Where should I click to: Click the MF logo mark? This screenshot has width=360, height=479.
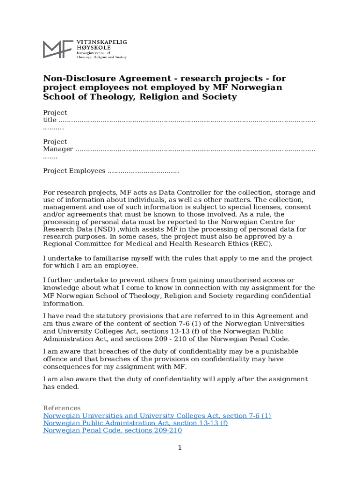coord(58,49)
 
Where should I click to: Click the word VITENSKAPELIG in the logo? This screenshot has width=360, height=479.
coord(101,42)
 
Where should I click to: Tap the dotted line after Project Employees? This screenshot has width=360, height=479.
coord(143,171)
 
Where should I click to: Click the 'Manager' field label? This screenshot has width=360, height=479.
coord(58,149)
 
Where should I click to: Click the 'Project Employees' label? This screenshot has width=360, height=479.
coord(74,171)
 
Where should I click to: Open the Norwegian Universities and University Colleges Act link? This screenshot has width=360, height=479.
coord(157,415)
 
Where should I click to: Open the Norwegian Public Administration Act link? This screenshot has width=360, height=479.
coord(136,423)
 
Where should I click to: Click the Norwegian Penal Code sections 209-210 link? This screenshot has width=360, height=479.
coord(112,430)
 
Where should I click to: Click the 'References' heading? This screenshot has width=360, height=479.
coord(62,408)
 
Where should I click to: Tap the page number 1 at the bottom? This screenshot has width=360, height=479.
coord(180,448)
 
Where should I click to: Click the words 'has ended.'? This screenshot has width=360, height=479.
coord(61,387)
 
